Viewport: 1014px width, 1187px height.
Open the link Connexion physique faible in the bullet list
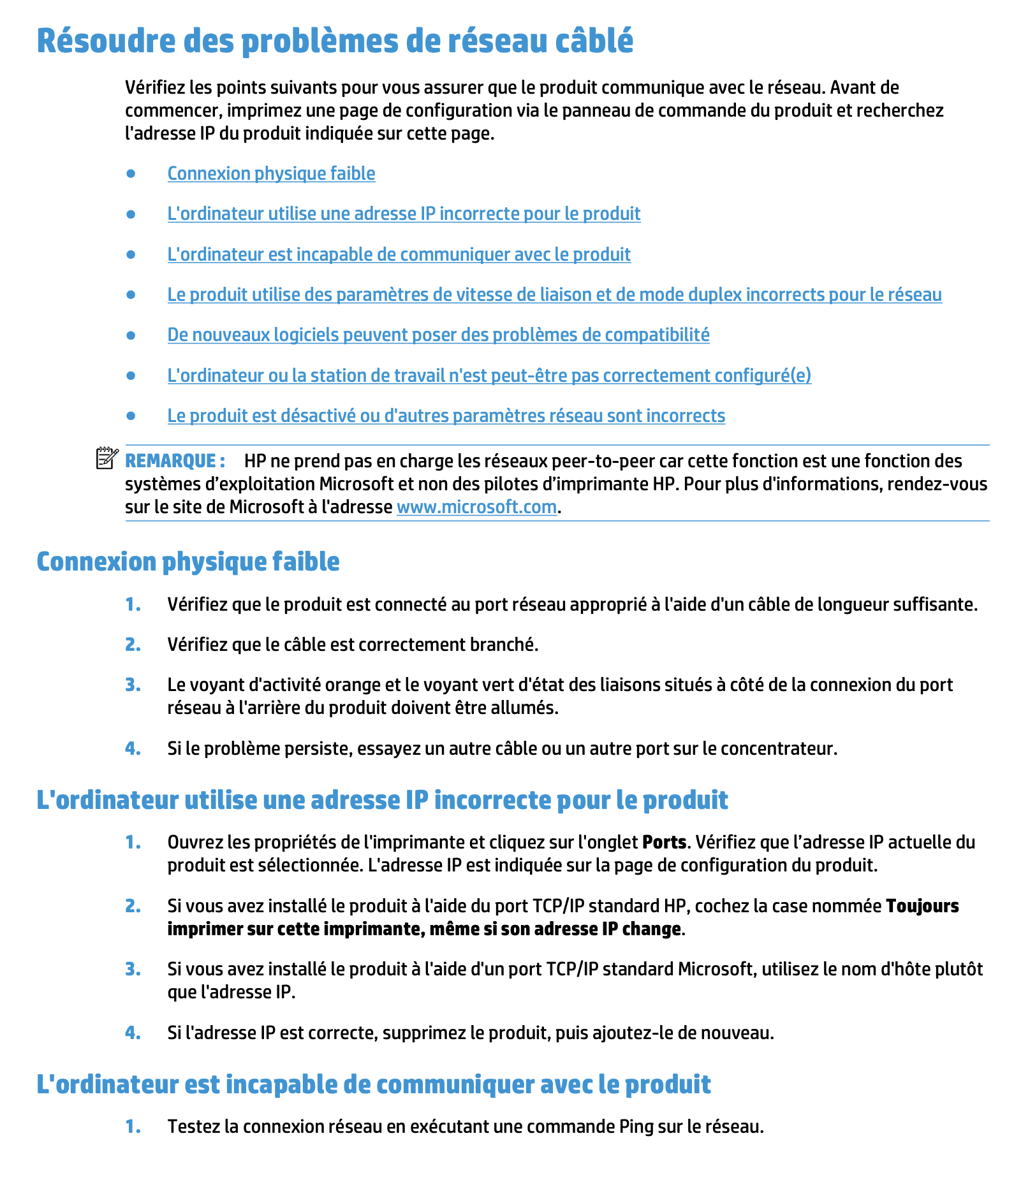(271, 173)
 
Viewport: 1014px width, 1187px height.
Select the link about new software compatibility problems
(438, 335)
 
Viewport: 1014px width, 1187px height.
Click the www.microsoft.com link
(476, 507)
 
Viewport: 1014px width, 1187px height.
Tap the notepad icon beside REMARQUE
(107, 458)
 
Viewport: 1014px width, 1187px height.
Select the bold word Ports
(664, 842)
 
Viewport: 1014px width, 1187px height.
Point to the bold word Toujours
(922, 906)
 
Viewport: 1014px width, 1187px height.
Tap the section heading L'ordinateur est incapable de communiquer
(374, 1084)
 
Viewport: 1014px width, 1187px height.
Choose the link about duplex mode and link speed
(554, 295)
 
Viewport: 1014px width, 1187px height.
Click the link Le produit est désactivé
(446, 416)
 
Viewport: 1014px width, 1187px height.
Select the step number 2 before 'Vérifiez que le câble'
(133, 644)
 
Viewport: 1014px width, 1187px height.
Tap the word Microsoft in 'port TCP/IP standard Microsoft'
(715, 969)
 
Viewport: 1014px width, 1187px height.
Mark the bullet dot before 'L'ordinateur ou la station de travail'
(131, 375)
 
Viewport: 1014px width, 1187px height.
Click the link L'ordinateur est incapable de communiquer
(399, 254)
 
